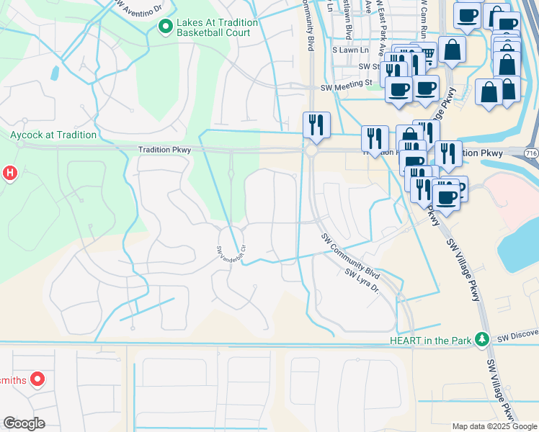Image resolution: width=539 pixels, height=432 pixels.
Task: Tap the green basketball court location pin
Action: click(165, 27)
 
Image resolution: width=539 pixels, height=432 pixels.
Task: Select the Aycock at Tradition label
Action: click(53, 135)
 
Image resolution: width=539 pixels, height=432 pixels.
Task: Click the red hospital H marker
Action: click(9, 173)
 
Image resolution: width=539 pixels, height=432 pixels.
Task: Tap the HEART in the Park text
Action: click(429, 340)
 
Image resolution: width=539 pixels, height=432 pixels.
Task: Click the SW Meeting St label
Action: click(346, 83)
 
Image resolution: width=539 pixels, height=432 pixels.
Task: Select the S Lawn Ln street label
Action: click(349, 50)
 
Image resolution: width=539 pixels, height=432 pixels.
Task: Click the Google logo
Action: click(24, 423)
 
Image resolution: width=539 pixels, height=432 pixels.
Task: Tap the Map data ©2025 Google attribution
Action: click(494, 426)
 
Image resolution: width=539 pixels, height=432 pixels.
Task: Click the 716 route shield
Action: click(531, 153)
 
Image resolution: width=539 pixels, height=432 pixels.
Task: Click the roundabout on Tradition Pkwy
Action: click(311, 152)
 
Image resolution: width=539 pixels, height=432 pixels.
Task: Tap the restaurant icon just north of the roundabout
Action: click(316, 125)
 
